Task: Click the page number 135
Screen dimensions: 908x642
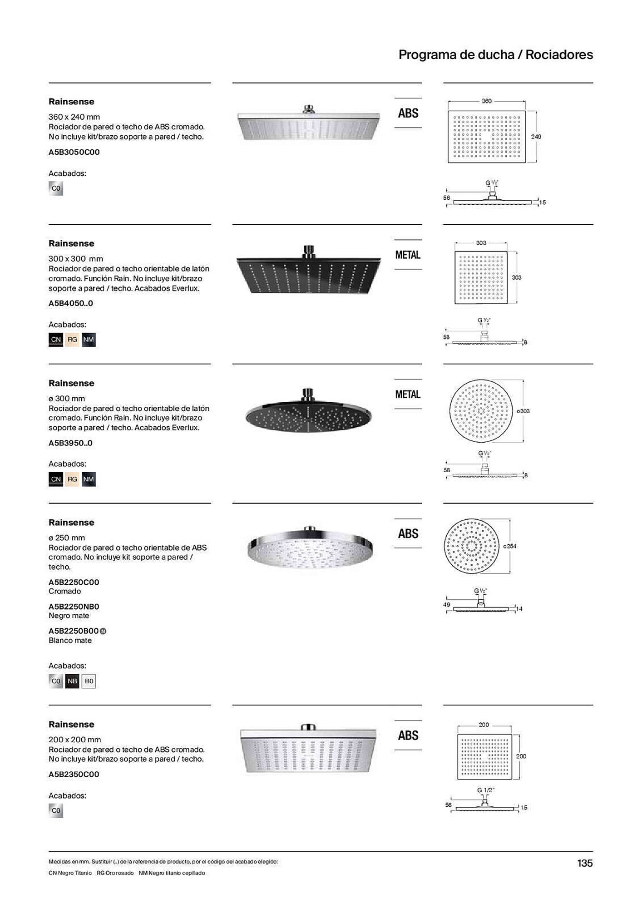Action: click(585, 863)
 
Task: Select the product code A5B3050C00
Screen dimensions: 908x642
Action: click(74, 152)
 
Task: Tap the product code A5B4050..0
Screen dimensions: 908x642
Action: click(71, 303)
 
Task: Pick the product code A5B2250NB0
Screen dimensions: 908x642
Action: click(74, 607)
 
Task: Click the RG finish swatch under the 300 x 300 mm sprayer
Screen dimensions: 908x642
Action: click(72, 340)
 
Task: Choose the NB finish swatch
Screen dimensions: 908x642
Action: click(72, 681)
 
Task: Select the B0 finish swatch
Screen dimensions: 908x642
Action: click(89, 681)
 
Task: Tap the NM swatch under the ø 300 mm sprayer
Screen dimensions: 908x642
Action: click(89, 479)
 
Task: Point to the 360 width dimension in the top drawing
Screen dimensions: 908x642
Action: click(486, 101)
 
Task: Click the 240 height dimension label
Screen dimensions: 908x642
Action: click(536, 137)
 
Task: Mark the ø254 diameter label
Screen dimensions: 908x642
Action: click(510, 546)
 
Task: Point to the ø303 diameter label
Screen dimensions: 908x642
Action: click(523, 411)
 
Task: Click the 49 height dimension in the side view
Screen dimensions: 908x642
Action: click(447, 605)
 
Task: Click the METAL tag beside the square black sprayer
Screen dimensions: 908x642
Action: click(408, 255)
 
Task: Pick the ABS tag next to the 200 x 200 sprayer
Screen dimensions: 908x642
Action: click(408, 735)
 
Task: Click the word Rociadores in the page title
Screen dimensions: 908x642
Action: click(559, 55)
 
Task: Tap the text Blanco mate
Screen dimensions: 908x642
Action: click(70, 641)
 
